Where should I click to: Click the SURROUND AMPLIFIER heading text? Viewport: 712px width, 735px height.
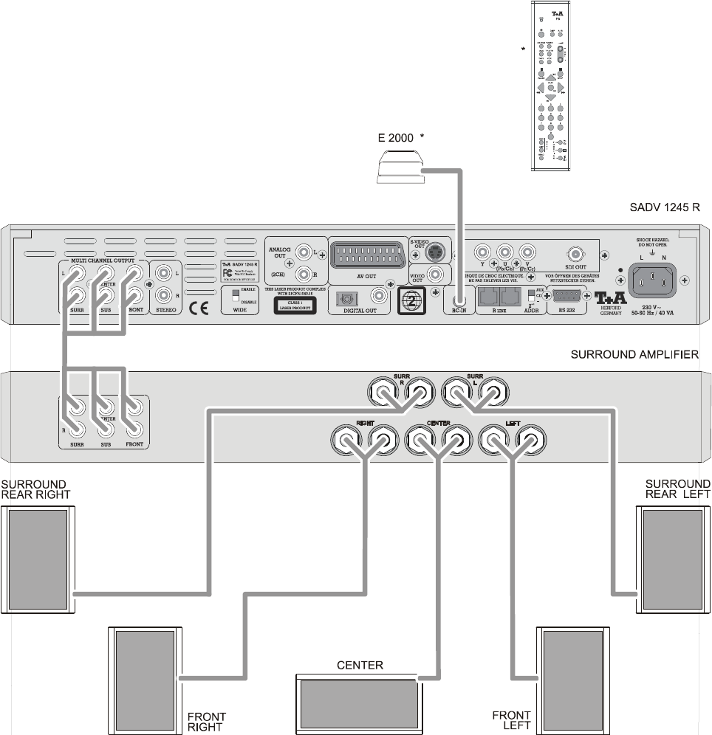coord(634,355)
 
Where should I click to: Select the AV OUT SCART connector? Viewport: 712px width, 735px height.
coord(366,258)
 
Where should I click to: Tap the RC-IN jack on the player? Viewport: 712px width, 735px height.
coord(459,300)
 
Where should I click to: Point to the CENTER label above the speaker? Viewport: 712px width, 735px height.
coord(360,666)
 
